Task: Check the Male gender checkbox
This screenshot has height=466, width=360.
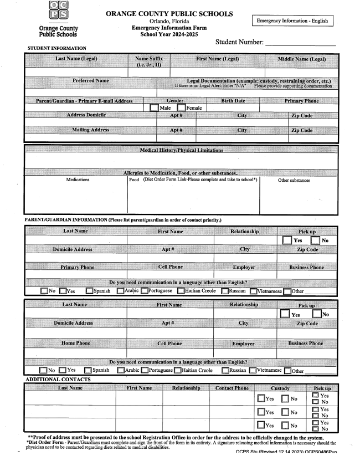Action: [154, 107]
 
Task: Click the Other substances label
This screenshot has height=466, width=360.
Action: [294, 180]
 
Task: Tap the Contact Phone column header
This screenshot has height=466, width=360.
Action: [232, 388]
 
